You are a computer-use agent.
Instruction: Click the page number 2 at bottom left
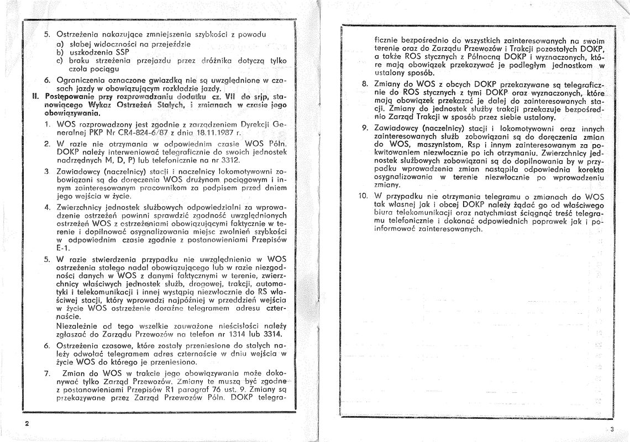[x=26, y=423]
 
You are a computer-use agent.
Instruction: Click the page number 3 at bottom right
[x=612, y=429]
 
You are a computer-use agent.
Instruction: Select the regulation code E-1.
[x=61, y=249]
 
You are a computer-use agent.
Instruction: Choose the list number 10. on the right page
[x=362, y=196]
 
